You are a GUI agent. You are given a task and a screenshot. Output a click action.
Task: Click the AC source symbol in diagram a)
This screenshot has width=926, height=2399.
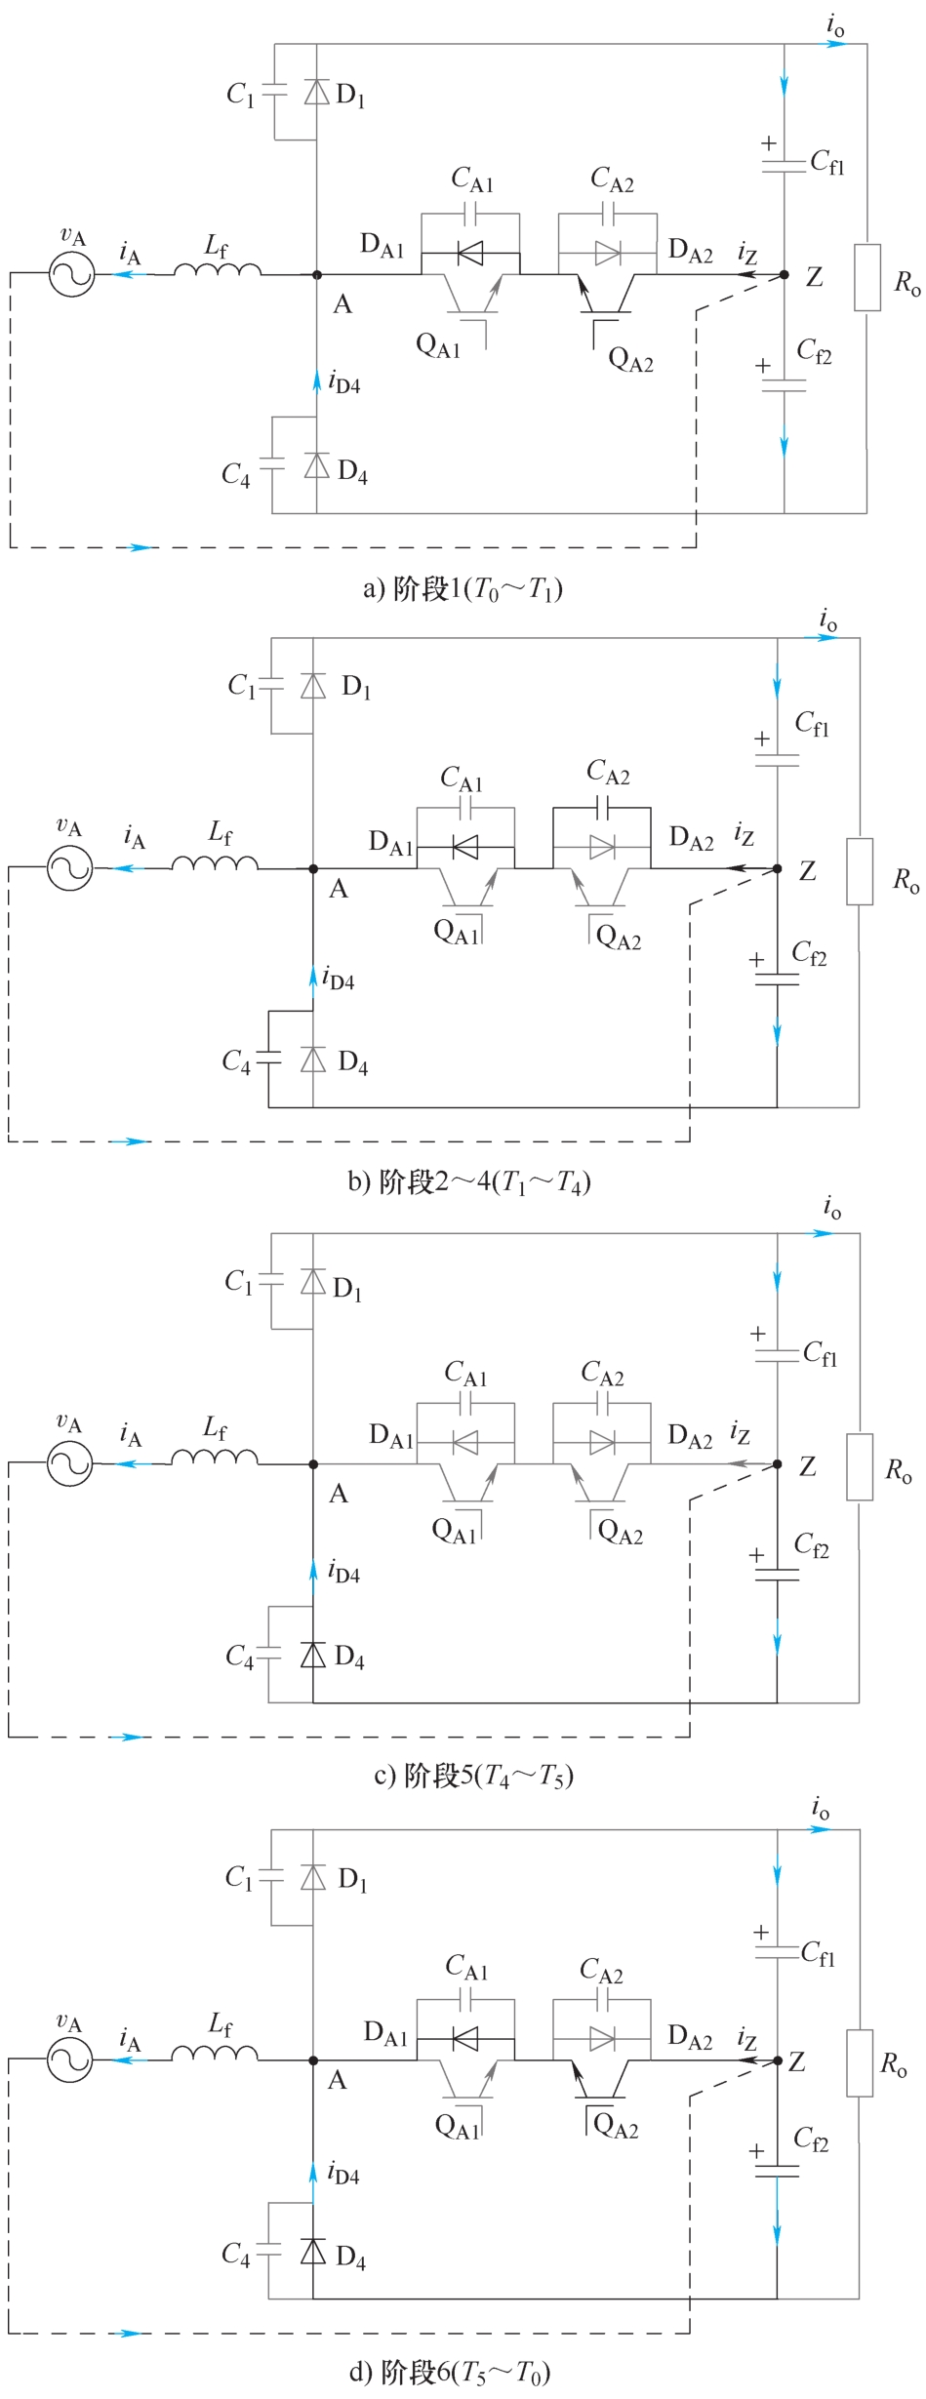click(71, 274)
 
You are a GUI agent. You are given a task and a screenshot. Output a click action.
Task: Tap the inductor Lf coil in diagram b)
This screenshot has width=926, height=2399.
click(216, 862)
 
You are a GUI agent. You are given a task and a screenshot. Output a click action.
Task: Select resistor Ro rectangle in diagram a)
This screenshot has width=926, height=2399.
click(866, 278)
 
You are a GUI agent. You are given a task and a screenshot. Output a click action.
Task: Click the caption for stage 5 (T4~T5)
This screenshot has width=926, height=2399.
click(473, 1777)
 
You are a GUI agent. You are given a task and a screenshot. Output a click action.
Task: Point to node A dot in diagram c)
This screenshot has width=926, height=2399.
click(313, 1464)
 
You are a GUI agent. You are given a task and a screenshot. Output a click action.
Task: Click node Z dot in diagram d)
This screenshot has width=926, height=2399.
click(777, 2060)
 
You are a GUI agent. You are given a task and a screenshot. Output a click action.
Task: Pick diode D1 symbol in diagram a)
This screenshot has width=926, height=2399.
click(316, 92)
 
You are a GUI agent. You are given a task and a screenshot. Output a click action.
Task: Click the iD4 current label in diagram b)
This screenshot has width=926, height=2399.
click(339, 979)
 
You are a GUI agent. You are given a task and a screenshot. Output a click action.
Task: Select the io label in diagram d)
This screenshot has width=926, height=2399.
click(821, 1811)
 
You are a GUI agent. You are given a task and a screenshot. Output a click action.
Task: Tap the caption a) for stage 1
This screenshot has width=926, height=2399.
click(463, 589)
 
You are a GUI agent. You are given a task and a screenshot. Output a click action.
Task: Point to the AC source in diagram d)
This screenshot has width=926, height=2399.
click(69, 2060)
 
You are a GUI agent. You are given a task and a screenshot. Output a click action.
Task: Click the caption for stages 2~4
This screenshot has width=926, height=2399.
click(469, 1182)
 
